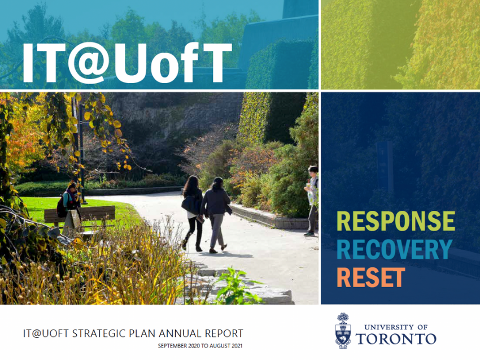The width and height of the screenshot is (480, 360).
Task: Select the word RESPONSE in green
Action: click(x=396, y=221)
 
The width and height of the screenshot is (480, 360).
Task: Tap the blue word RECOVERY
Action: click(x=395, y=249)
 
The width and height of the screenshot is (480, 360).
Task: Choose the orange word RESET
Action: click(x=370, y=277)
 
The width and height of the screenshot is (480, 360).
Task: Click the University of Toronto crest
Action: click(x=343, y=331)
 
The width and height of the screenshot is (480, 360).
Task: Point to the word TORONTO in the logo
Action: click(x=396, y=339)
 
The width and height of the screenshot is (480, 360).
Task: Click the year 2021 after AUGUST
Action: click(x=237, y=346)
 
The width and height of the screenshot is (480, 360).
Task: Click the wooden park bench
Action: click(x=80, y=216)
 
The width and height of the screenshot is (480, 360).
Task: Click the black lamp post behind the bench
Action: click(x=81, y=153)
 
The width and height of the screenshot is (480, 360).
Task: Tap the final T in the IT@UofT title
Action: click(x=213, y=63)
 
